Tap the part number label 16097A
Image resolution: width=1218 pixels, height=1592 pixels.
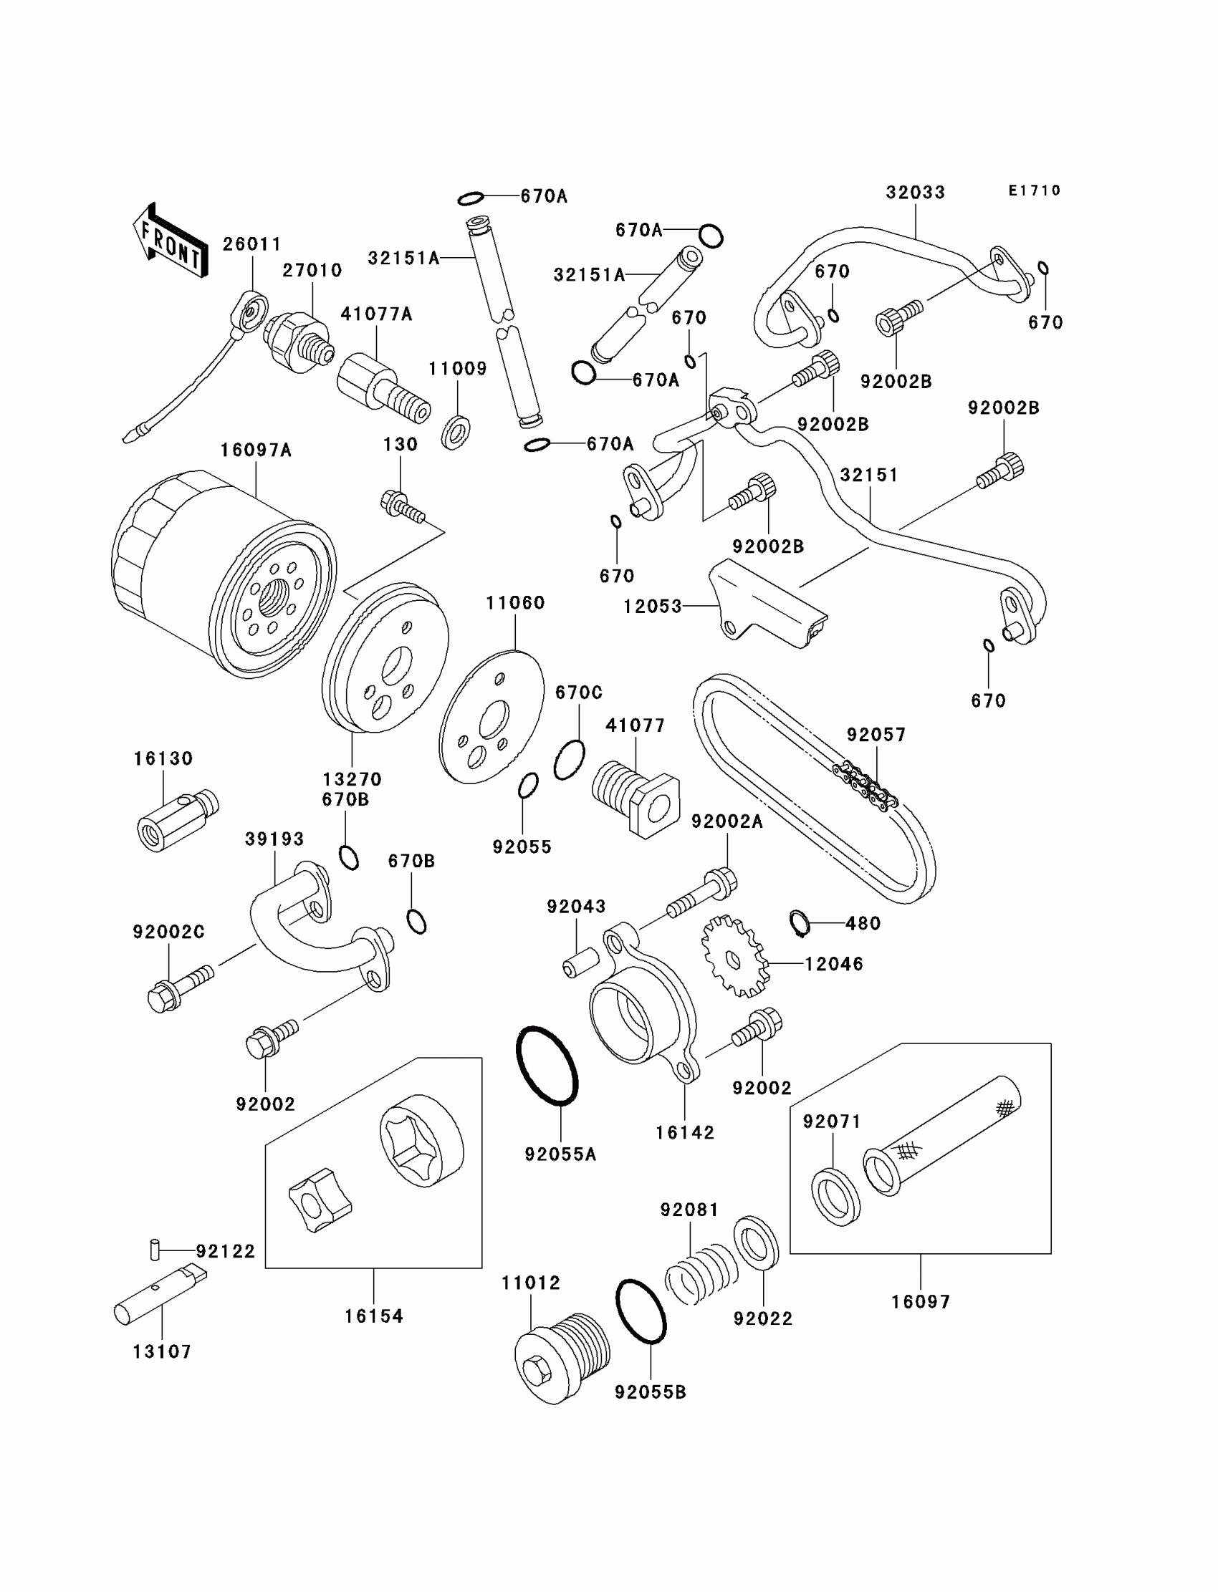pos(255,450)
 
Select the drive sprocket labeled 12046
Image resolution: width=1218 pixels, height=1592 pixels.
pos(733,957)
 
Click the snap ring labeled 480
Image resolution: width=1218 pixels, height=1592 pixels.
pos(798,922)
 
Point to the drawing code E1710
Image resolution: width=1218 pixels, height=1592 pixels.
pos(1034,190)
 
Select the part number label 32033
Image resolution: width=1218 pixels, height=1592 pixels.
pos(915,193)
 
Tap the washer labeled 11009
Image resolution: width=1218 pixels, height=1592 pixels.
pos(456,433)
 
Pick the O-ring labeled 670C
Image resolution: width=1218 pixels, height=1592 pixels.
pos(569,760)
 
